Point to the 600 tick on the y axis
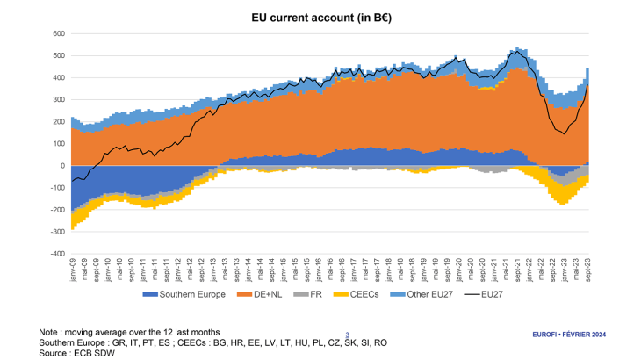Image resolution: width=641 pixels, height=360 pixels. pos(59,33)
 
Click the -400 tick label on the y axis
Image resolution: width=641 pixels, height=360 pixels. pos(57,254)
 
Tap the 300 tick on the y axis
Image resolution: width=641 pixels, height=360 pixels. pos(59,99)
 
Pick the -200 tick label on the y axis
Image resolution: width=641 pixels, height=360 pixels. pos(57,210)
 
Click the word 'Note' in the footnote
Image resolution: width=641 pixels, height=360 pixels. pos(49,332)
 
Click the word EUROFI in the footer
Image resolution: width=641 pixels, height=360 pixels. pos(548,335)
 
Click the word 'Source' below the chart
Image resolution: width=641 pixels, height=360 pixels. pos(54,351)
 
